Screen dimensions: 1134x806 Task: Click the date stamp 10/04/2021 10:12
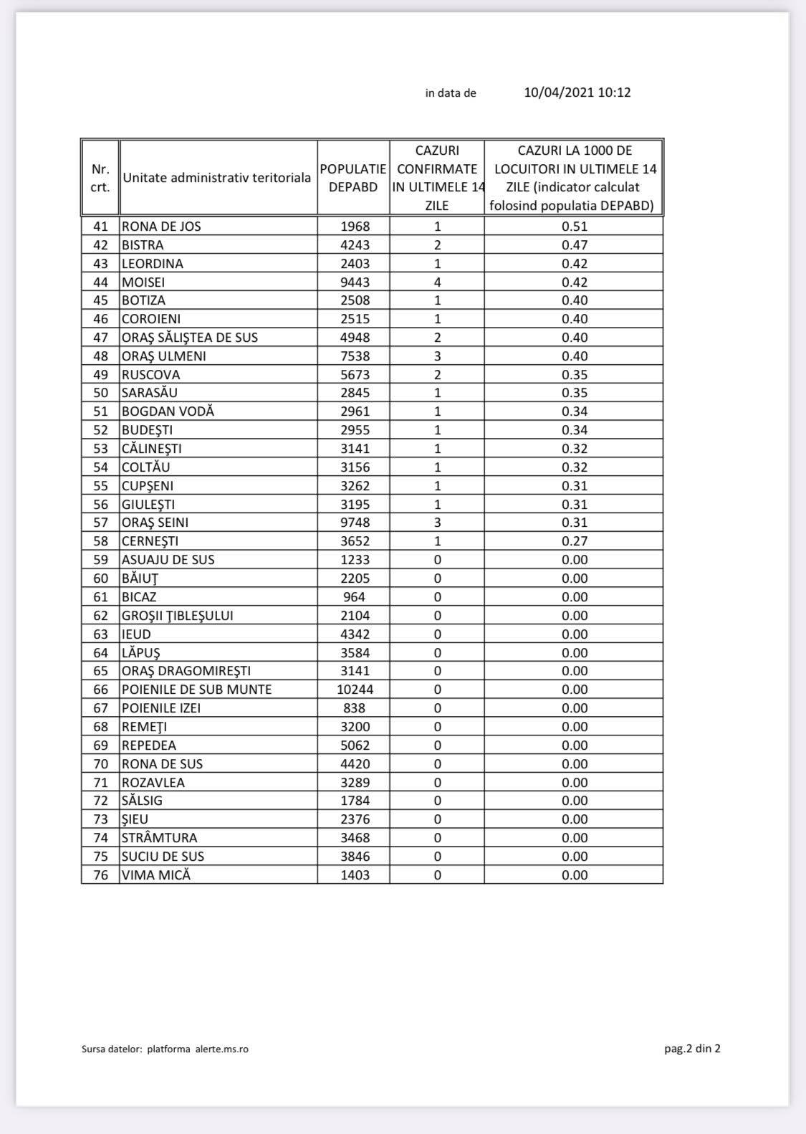click(577, 92)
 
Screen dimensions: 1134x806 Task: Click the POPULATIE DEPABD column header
click(353, 178)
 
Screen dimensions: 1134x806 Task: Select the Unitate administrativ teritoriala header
click(217, 178)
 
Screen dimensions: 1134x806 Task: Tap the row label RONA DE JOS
click(161, 227)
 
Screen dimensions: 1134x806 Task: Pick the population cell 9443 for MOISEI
click(355, 282)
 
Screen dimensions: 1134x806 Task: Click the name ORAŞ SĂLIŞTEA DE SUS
click(190, 338)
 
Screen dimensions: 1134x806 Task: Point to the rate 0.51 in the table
click(575, 227)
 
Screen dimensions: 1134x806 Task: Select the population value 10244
click(355, 690)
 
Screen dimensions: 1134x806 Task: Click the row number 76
click(100, 875)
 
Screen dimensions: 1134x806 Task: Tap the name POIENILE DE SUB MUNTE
click(197, 690)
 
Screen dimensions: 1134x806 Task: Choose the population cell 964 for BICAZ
click(355, 597)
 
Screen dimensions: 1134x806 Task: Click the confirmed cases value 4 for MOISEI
click(437, 282)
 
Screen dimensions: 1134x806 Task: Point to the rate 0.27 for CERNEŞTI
click(575, 541)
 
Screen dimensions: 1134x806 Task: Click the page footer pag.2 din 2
click(692, 1049)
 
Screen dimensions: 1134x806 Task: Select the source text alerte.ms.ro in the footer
click(222, 1049)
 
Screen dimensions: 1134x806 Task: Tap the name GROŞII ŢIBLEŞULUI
click(178, 616)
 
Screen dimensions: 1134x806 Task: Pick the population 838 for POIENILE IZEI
click(355, 708)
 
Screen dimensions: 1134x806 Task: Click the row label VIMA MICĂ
click(156, 875)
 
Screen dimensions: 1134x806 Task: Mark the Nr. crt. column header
click(100, 178)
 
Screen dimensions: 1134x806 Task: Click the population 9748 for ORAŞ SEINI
click(355, 523)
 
